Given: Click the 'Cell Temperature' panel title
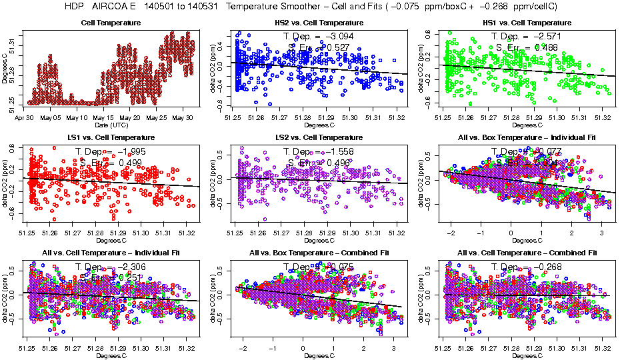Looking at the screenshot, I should click(x=112, y=23).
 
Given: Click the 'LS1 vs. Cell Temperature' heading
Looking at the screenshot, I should click(x=112, y=137).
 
